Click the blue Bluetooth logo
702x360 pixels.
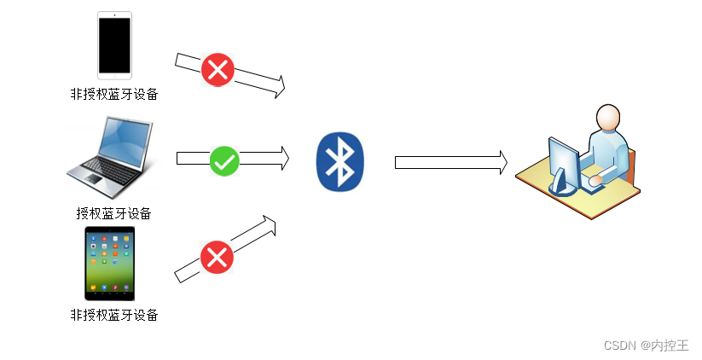tap(339, 161)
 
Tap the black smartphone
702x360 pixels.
tap(114, 45)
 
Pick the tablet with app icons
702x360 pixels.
tap(109, 263)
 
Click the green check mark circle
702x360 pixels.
tap(224, 160)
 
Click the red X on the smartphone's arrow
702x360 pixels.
tap(218, 70)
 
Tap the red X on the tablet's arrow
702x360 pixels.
tap(217, 257)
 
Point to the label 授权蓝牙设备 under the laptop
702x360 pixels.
tap(113, 213)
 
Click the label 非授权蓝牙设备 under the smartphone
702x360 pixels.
tap(113, 94)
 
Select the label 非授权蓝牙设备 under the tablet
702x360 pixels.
tap(113, 315)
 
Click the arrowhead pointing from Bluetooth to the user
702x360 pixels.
tap(502, 161)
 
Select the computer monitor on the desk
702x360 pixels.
tap(564, 159)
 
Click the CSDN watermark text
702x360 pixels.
tap(621, 345)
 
